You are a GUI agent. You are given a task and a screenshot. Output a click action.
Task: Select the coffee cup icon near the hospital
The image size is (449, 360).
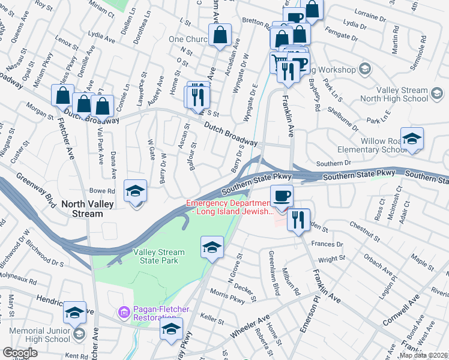281,196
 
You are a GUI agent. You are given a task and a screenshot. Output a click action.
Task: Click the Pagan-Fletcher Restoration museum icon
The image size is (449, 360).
124,313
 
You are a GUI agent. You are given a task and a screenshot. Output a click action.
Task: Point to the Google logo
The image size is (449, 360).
20,353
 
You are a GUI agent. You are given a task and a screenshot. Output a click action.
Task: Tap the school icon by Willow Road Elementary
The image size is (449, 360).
412,139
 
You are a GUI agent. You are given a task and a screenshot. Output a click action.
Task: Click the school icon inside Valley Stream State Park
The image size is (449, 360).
212,248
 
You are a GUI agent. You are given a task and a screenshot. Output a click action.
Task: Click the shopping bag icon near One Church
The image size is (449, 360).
220,35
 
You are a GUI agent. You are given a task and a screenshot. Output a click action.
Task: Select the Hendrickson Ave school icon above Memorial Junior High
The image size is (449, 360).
74,313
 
